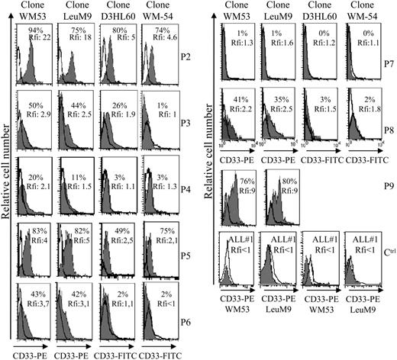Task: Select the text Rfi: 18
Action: (93, 38)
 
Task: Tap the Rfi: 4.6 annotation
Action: (169, 38)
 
